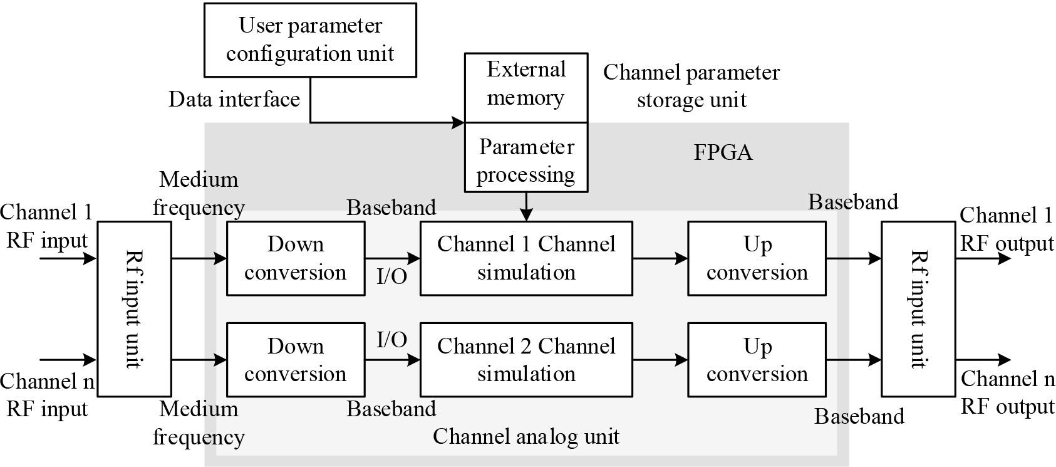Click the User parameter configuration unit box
tap(310, 40)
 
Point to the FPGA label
tap(723, 152)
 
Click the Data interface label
tap(234, 99)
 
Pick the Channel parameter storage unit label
tap(691, 87)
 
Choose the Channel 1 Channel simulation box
tap(526, 258)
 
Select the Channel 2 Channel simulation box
tap(526, 360)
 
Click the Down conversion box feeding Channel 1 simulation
tap(296, 258)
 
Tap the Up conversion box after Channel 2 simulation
tap(757, 360)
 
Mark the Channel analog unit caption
tap(526, 436)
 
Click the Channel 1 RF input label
tap(47, 226)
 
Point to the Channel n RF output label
tap(1007, 392)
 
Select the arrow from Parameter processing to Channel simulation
tap(526, 206)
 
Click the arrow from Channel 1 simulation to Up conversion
tap(660, 258)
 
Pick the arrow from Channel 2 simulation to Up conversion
tap(660, 360)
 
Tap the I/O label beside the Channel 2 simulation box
tap(392, 340)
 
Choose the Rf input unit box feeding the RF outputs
tap(918, 309)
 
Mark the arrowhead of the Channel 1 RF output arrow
tap(1004, 258)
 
